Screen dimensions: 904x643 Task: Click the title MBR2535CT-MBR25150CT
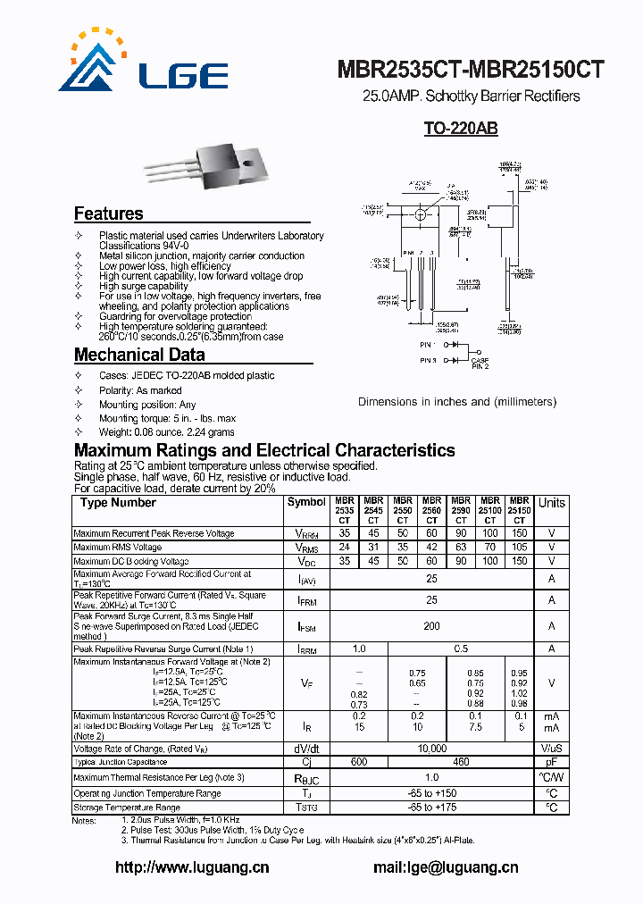click(471, 71)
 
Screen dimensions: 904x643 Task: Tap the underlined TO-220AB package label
click(460, 129)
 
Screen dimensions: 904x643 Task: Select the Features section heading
click(108, 213)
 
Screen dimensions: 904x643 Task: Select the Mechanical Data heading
click(132, 355)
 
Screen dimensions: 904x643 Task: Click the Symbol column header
click(306, 502)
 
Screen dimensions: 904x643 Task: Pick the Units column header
click(552, 503)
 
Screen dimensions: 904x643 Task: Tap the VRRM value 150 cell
click(519, 533)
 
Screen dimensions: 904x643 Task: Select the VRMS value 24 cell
click(345, 548)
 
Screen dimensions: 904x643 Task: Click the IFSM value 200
click(431, 626)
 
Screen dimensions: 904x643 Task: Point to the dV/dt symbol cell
click(306, 749)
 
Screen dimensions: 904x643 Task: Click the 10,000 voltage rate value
click(431, 749)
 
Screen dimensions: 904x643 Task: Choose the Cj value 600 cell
click(359, 762)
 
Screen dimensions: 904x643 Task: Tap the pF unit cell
click(552, 762)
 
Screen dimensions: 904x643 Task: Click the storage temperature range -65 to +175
click(431, 808)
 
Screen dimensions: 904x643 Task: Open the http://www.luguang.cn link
click(192, 866)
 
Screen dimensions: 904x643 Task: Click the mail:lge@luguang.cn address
click(445, 866)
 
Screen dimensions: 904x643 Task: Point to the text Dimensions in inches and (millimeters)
click(456, 402)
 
